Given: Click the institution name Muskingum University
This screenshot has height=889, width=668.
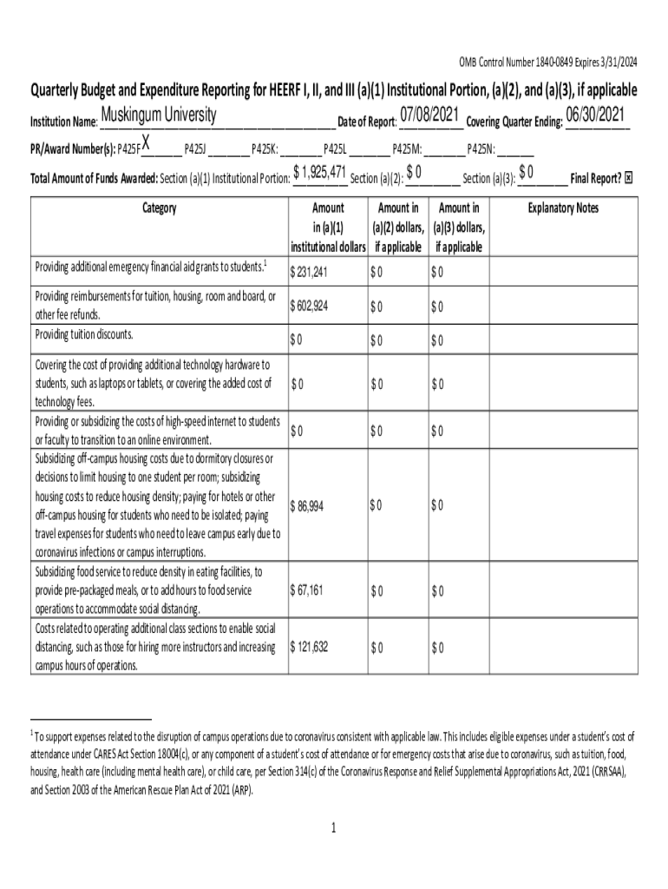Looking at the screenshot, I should pos(159,115).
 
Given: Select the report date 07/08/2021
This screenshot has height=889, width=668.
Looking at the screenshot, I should pos(429,115).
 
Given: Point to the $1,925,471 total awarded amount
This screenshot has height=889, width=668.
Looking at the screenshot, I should pos(320,174).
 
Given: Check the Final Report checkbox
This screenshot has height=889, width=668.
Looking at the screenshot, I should pos(629,178).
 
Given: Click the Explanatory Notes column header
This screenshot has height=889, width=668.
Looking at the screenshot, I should pos(563,208).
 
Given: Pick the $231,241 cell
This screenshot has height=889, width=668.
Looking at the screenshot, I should pos(309,273).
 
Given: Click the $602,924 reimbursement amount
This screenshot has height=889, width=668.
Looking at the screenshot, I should pos(310,306).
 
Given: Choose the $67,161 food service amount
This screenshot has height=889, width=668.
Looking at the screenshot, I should pos(307,591).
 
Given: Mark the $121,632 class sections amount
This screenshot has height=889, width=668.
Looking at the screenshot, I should pos(310,648).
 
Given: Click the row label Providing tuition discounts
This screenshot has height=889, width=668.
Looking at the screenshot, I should pos(83,335).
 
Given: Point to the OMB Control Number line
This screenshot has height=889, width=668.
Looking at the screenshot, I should pos(547,61).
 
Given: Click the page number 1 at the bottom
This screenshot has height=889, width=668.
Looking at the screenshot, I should pos(333,827).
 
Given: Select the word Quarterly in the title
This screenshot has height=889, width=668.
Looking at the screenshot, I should pos(61,90).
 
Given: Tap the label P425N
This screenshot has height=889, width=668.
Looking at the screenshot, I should pos(481,148).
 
